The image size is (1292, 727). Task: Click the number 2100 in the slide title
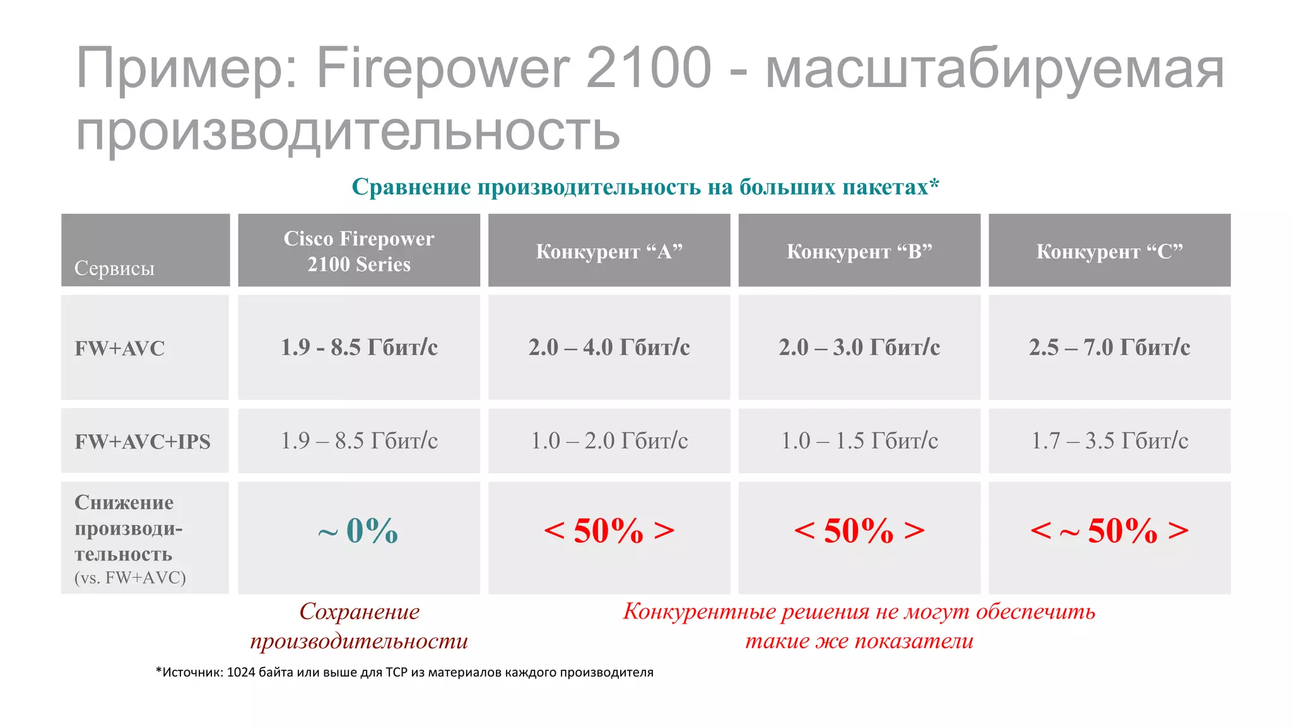click(649, 68)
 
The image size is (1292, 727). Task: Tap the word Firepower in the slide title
click(442, 68)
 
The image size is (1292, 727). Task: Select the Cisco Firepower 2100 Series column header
click(358, 251)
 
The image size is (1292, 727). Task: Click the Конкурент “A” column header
click(609, 251)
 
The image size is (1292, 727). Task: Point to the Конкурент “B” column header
click(859, 251)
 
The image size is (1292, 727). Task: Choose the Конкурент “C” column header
click(1109, 251)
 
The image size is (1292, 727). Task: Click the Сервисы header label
click(114, 268)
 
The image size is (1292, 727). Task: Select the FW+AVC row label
click(119, 348)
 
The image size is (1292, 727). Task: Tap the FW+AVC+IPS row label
click(143, 442)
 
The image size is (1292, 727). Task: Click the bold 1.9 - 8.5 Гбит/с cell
click(358, 347)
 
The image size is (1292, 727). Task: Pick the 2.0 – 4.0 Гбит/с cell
click(609, 347)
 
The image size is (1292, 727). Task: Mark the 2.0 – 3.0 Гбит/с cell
click(859, 347)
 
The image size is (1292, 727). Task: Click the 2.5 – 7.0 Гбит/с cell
click(1109, 347)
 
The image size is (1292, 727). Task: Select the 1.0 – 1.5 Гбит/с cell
click(859, 440)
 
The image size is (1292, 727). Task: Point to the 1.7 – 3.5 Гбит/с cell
click(1109, 440)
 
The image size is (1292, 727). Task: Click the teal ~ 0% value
click(358, 531)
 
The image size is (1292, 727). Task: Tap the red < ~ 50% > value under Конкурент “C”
click(1109, 531)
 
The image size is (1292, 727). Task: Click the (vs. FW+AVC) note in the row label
click(130, 577)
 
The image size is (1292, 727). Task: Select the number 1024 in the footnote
click(240, 672)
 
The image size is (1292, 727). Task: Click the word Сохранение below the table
click(359, 612)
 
